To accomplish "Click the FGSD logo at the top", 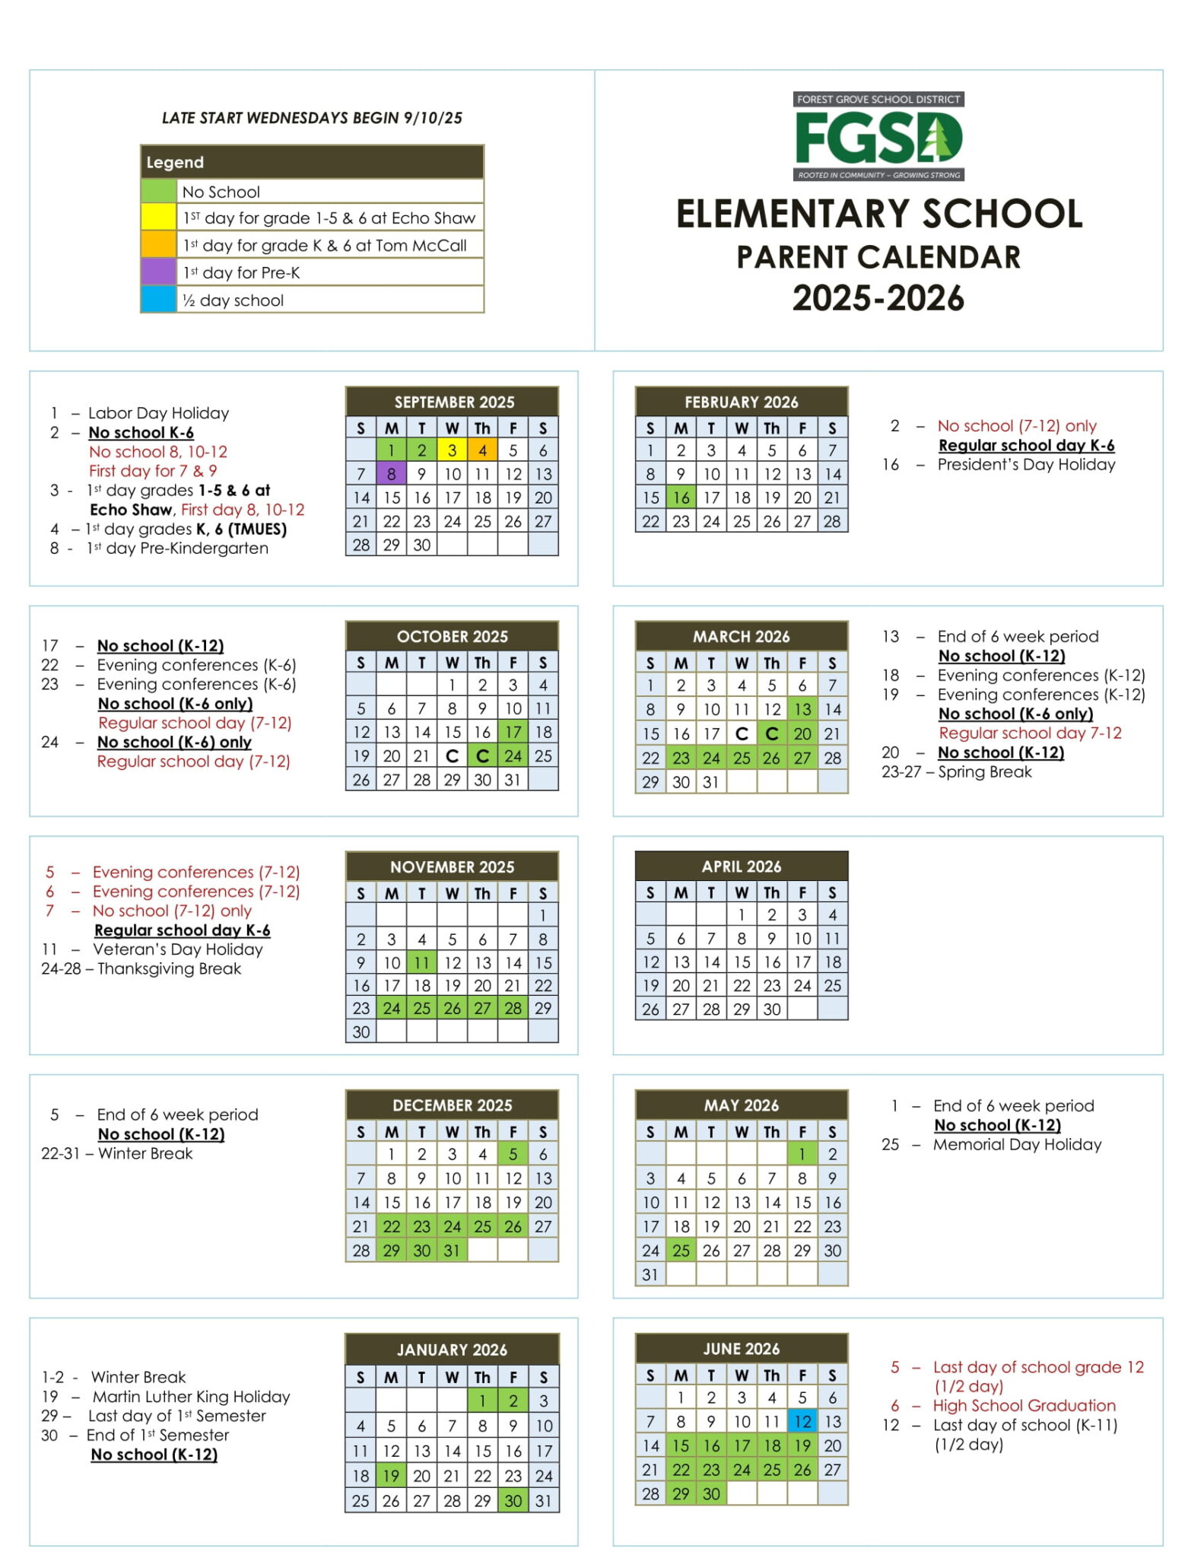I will (x=878, y=137).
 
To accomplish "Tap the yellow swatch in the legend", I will (x=158, y=218).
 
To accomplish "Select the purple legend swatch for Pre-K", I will (x=158, y=272).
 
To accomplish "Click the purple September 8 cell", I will (x=391, y=474).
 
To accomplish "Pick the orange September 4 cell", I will (x=482, y=450).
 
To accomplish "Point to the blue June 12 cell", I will (x=802, y=1421).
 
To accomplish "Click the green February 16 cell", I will (x=681, y=498).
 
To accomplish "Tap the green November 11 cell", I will (x=421, y=962).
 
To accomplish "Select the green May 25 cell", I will (x=681, y=1250).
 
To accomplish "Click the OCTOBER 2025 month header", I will (x=452, y=636).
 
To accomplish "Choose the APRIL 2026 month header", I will (x=741, y=866).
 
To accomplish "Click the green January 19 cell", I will (x=391, y=1476).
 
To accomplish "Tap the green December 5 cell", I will (x=513, y=1154).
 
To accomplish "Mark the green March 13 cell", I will (x=802, y=709).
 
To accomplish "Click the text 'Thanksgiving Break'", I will (x=169, y=968).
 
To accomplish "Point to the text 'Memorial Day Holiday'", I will (x=1017, y=1144).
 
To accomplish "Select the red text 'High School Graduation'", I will (x=1024, y=1405).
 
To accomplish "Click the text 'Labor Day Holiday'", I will (x=158, y=413).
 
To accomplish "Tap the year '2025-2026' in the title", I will (x=878, y=298).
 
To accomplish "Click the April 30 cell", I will (x=771, y=1009).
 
